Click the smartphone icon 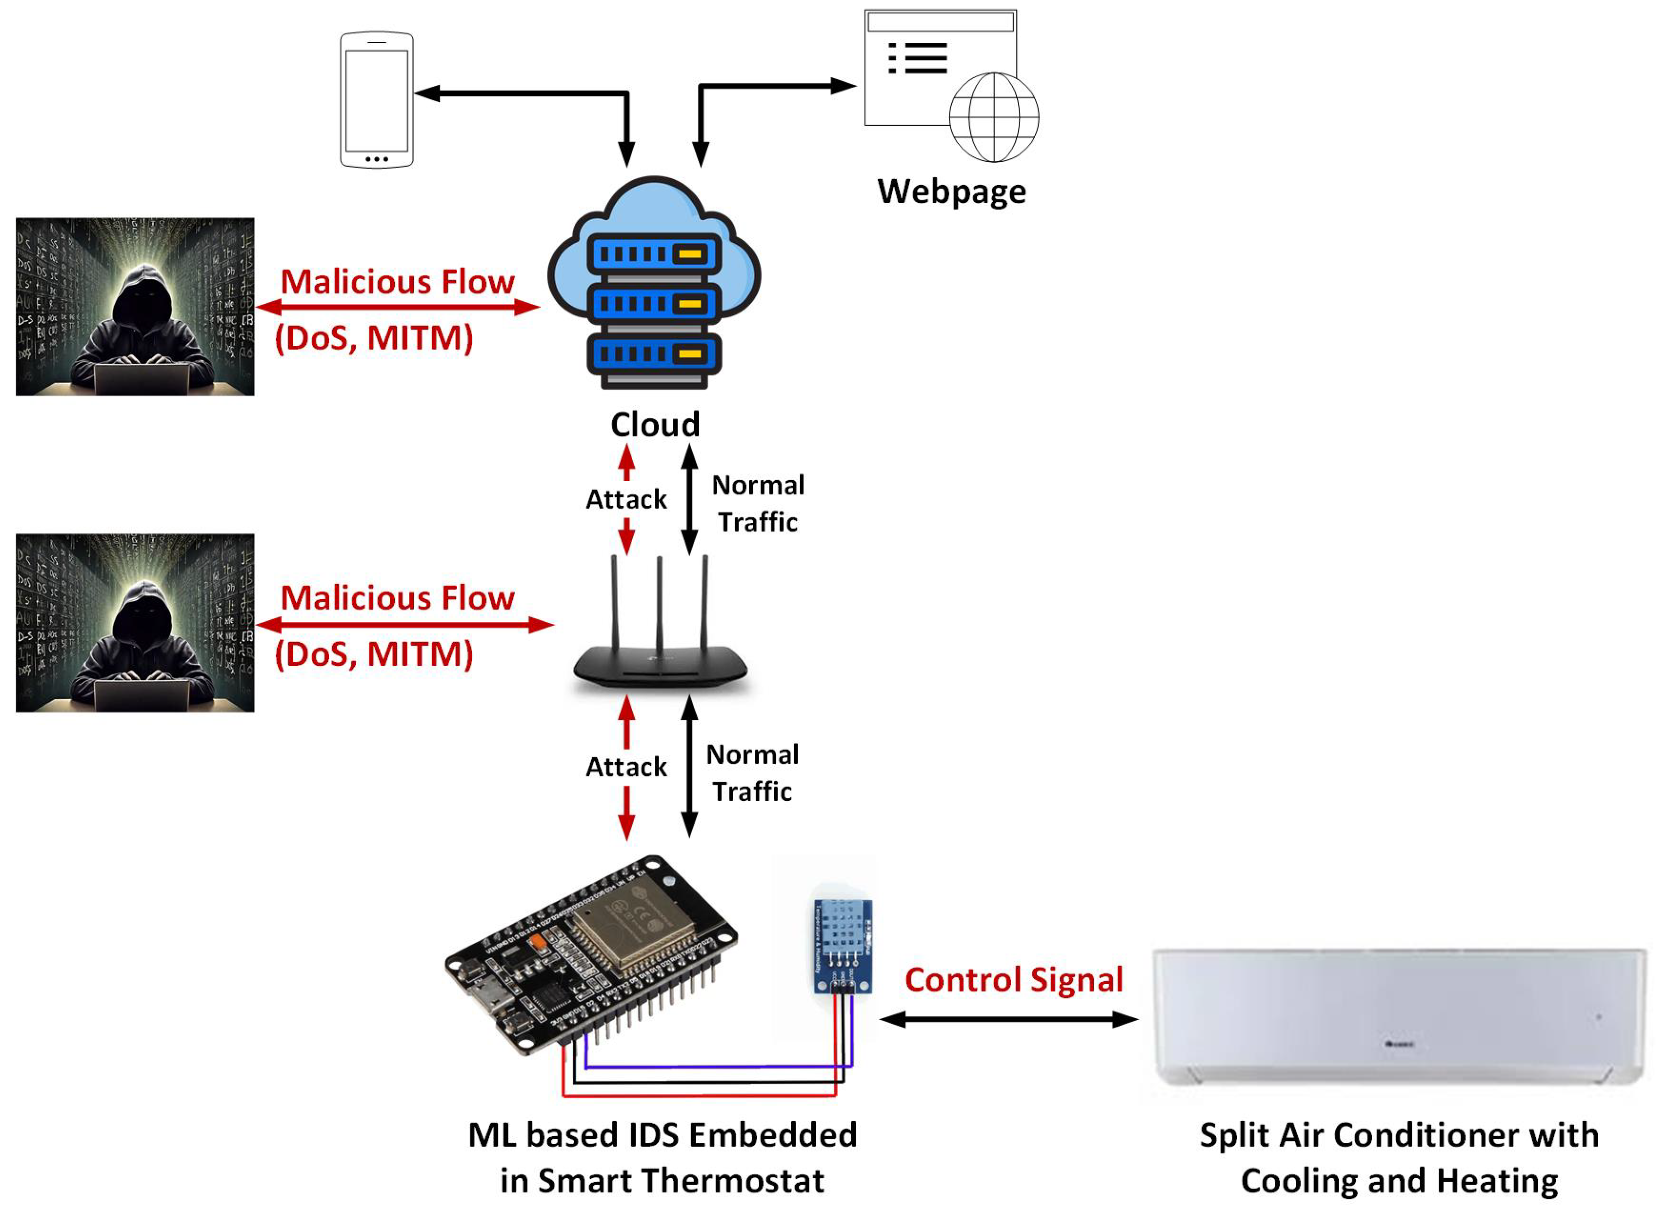click(x=376, y=99)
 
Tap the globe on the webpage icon click(x=993, y=117)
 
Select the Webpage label click(x=951, y=191)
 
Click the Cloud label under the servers click(x=654, y=425)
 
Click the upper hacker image click(x=135, y=306)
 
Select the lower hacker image click(x=135, y=623)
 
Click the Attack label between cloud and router click(x=626, y=499)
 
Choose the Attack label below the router click(x=626, y=767)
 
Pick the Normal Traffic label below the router click(x=752, y=773)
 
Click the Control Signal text click(x=1013, y=980)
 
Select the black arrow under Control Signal click(x=1008, y=1020)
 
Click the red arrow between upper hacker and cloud click(x=397, y=307)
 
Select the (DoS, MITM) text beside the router click(x=374, y=654)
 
